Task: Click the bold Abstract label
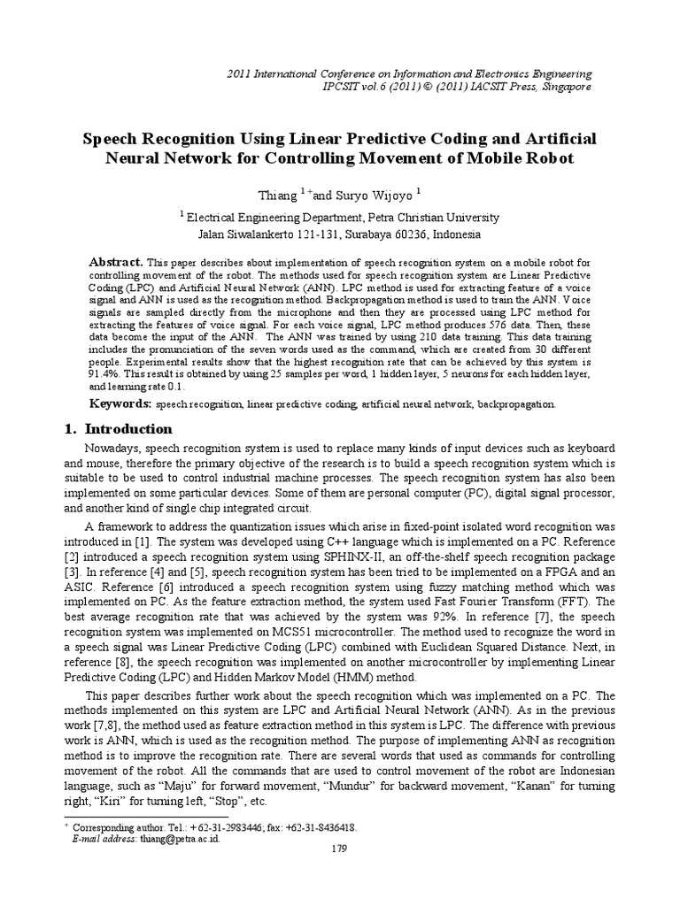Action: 117,263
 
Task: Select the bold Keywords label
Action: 122,403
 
